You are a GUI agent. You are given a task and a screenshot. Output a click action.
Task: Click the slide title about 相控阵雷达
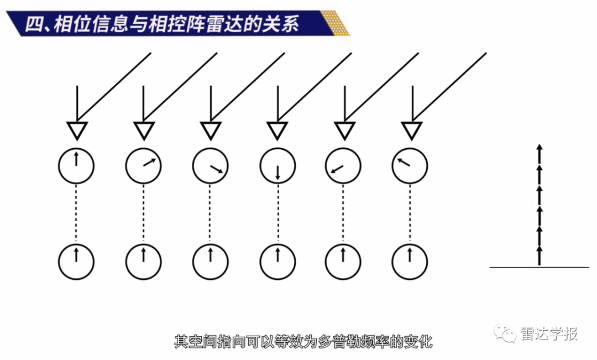click(160, 25)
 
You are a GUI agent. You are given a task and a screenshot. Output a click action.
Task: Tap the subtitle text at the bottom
click(303, 341)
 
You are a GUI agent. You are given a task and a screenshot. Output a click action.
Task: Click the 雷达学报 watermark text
click(549, 333)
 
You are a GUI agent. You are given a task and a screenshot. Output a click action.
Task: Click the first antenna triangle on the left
click(76, 131)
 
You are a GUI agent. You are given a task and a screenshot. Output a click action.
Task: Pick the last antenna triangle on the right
click(411, 131)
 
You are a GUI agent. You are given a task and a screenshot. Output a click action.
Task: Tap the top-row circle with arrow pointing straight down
click(277, 166)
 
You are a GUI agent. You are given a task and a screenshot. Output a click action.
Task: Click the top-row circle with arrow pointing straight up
click(76, 166)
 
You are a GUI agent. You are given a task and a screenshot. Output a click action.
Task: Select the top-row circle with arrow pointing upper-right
click(144, 166)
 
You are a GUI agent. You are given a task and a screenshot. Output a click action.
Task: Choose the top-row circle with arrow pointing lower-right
click(211, 166)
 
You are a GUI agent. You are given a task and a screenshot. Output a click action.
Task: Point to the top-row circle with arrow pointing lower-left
click(343, 166)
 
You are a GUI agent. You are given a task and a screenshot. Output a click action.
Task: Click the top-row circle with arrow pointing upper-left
click(410, 166)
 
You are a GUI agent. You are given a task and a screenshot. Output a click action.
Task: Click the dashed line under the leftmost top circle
click(76, 213)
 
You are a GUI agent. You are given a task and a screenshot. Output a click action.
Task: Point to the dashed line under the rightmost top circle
click(410, 213)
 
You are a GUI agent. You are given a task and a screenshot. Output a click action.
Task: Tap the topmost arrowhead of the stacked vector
click(540, 147)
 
